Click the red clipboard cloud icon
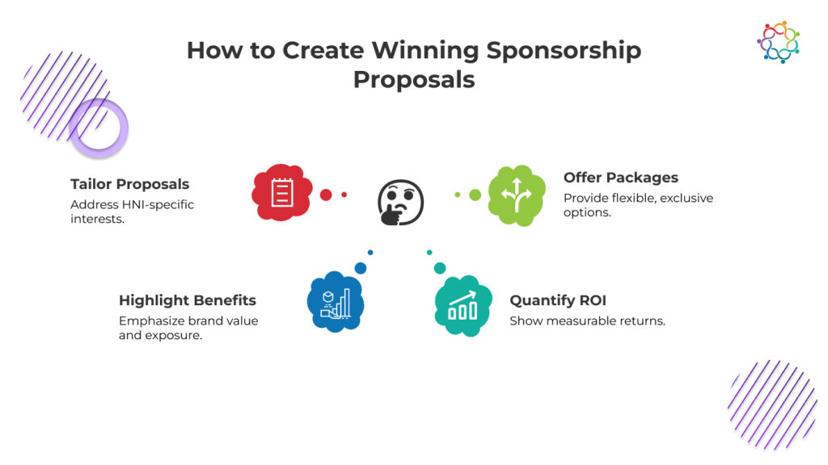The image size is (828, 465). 281,192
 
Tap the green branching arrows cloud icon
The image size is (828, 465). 517,195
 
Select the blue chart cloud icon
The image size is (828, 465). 336,302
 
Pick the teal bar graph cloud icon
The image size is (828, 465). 463,306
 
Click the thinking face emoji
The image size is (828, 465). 400,203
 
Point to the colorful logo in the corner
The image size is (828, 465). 779,42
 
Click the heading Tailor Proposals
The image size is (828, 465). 130,184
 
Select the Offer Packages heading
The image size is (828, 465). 621,178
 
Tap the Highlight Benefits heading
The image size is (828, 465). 188,300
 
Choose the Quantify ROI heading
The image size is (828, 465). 558,300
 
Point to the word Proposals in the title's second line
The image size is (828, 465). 414,80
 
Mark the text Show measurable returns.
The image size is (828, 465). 587,321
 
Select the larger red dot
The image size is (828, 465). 326,195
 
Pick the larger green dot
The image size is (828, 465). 475,195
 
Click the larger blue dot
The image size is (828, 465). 361,268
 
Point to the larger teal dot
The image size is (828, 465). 440,268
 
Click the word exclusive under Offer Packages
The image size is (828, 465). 686,199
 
